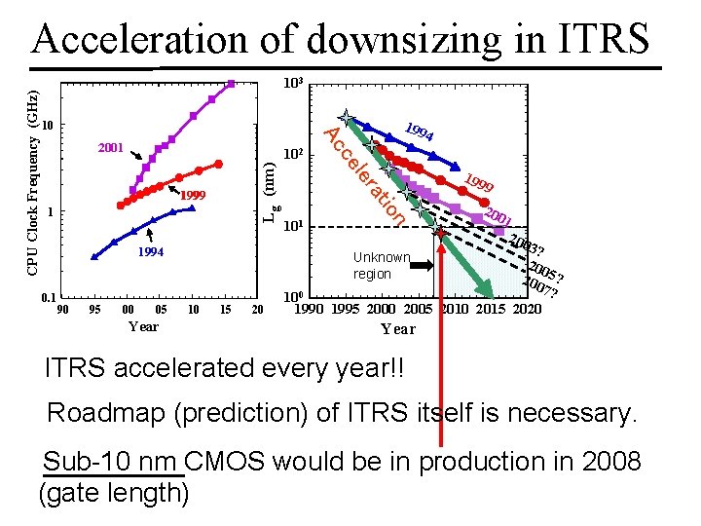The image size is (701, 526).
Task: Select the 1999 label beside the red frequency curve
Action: coord(195,196)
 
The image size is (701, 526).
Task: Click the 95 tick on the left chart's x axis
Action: coord(93,310)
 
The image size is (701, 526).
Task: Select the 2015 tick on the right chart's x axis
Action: coord(490,310)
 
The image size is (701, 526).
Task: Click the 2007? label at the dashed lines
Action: coord(540,288)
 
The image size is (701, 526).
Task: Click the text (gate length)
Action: coord(113,493)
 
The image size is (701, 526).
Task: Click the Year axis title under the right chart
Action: coord(398,328)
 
